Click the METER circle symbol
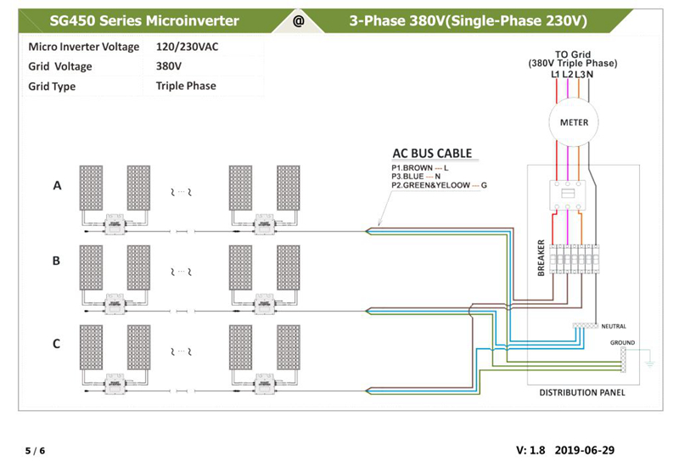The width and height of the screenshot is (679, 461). (575, 122)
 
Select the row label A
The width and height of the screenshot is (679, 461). (58, 186)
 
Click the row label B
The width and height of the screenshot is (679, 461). (56, 261)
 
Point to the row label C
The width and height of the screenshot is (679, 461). (56, 344)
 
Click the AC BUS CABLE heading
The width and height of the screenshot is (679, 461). (431, 154)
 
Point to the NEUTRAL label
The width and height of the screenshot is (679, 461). (613, 326)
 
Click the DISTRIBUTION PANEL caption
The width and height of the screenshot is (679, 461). (582, 393)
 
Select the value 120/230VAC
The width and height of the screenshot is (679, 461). (188, 46)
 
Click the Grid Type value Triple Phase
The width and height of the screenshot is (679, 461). (186, 86)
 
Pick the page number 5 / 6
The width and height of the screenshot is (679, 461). (35, 450)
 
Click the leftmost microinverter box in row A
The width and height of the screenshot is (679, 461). (112, 227)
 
